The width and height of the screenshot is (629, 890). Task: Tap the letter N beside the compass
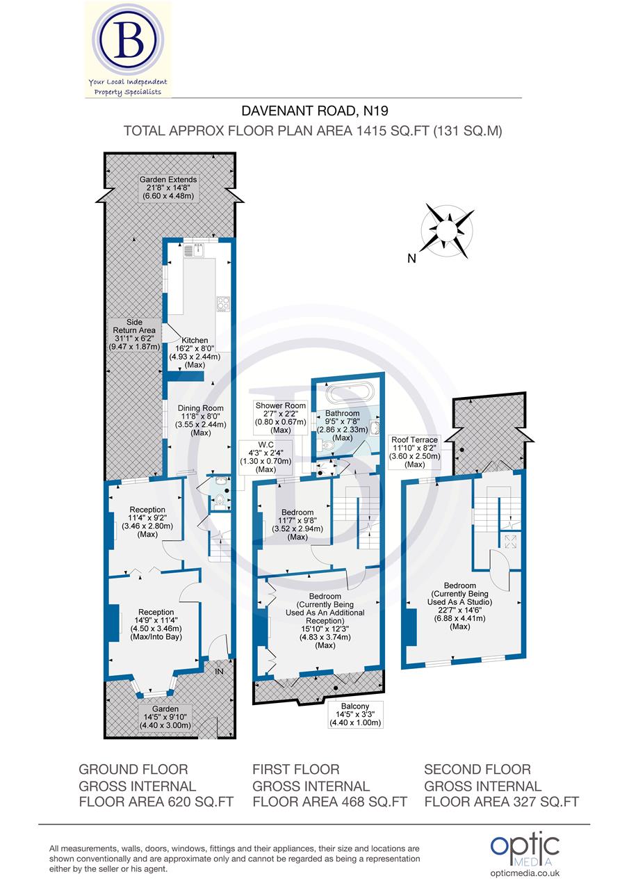click(x=412, y=259)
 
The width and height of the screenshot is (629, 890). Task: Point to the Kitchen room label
click(x=195, y=340)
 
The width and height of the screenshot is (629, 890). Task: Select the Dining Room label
click(x=199, y=408)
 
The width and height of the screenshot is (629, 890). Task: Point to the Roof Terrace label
click(x=414, y=451)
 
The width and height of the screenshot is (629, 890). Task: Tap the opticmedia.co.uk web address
click(x=525, y=873)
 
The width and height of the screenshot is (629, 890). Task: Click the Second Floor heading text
click(x=477, y=769)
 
